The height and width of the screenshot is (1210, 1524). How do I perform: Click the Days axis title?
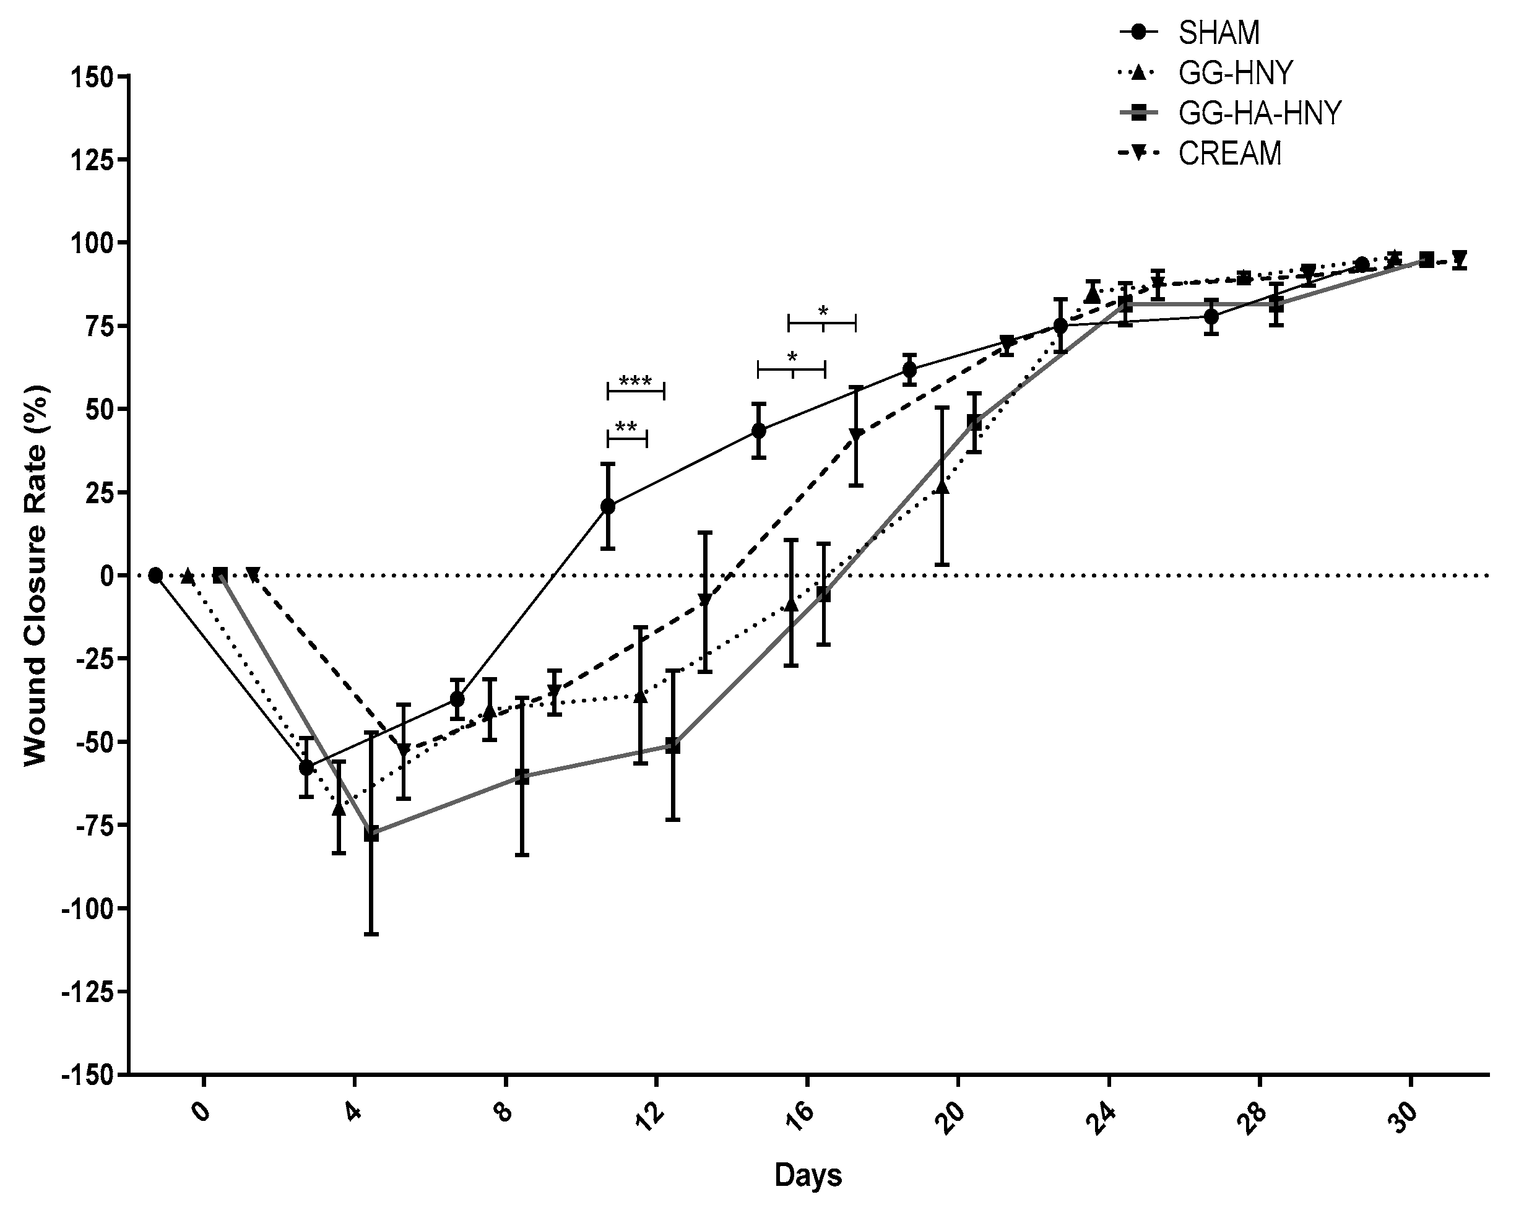coord(808,1175)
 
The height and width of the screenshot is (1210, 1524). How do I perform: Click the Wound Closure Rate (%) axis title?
coord(35,574)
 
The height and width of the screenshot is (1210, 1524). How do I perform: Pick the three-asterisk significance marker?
coord(634,382)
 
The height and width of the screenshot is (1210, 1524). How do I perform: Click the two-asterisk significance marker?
coord(626,428)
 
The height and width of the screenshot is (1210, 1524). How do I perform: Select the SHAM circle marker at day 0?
coord(155,576)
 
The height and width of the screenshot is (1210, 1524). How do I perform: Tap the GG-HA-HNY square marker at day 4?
coord(371,834)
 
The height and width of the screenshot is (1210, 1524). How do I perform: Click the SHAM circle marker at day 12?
coord(608,506)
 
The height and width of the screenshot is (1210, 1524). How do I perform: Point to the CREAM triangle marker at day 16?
coord(856,434)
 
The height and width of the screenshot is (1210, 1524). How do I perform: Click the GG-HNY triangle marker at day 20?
coord(942,488)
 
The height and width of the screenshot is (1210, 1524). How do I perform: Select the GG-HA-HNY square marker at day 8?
coord(522,777)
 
